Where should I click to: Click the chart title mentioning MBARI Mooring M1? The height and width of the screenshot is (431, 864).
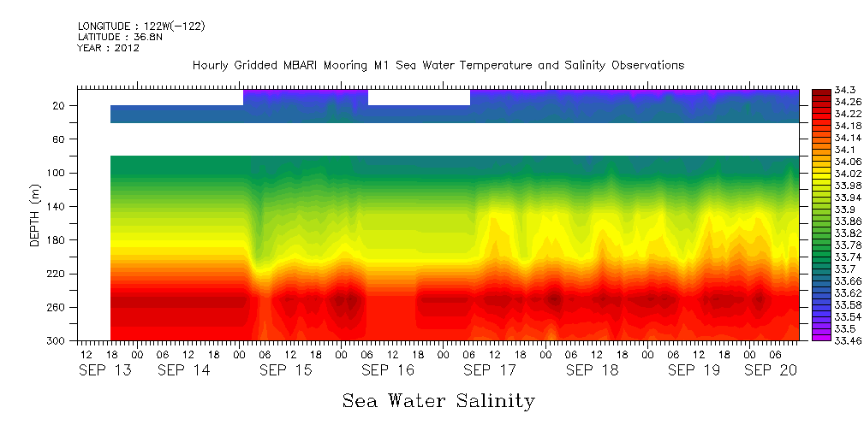pyautogui.click(x=438, y=66)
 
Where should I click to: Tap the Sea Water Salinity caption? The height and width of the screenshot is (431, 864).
pyautogui.click(x=438, y=400)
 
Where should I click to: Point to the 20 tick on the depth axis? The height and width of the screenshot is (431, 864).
pyautogui.click(x=59, y=106)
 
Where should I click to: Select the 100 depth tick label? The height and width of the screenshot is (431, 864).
pyautogui.click(x=57, y=173)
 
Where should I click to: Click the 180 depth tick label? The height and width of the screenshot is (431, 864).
pyautogui.click(x=57, y=240)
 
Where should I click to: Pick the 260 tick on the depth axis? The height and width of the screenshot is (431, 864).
pyautogui.click(x=57, y=307)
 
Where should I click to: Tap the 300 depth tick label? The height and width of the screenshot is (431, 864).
pyautogui.click(x=57, y=340)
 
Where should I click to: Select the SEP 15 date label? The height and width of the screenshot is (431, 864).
pyautogui.click(x=286, y=370)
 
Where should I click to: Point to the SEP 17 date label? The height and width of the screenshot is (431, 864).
pyautogui.click(x=490, y=370)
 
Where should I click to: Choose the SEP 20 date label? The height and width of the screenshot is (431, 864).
pyautogui.click(x=770, y=370)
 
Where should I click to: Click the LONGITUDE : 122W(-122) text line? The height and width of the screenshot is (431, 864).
pyautogui.click(x=141, y=27)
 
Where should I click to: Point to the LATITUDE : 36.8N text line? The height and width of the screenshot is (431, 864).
pyautogui.click(x=121, y=38)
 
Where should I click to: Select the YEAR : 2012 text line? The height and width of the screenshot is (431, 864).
pyautogui.click(x=108, y=49)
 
